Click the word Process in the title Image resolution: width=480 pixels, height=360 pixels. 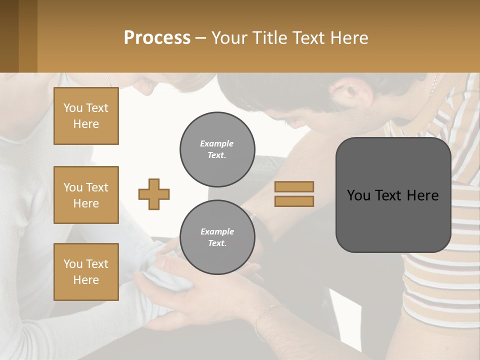[157, 38]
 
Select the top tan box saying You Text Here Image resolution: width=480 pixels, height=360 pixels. [86, 116]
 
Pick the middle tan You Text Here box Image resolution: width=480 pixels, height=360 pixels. [86, 195]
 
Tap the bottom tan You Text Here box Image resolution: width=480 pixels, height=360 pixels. [86, 272]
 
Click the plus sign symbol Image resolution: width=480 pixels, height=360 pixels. [154, 194]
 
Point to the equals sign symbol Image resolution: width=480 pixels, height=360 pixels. [294, 194]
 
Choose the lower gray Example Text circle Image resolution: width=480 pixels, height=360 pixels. [217, 237]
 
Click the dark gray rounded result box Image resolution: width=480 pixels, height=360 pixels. [393, 195]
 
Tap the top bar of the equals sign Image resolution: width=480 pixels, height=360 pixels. [294, 187]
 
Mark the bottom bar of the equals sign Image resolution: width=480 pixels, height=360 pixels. [294, 201]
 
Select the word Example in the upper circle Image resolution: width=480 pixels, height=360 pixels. [217, 143]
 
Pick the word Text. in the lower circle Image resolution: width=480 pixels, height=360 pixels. [217, 243]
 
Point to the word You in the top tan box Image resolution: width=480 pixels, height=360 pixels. [72, 108]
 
